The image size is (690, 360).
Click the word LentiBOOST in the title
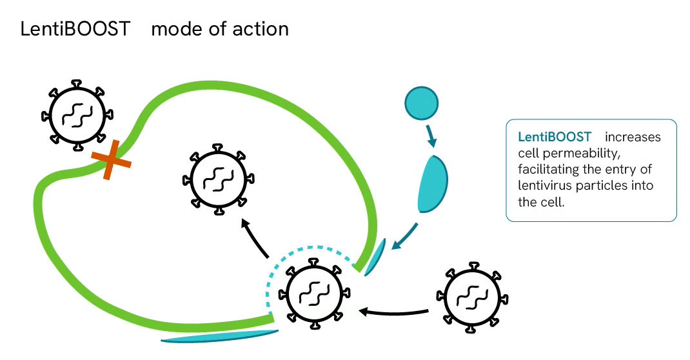(75, 29)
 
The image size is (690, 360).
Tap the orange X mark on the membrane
(111, 159)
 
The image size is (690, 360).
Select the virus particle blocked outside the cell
(77, 115)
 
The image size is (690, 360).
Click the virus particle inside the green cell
(218, 179)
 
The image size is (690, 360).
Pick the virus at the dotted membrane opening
(314, 294)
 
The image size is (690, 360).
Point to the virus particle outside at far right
(472, 297)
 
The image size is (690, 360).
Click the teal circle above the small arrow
(422, 103)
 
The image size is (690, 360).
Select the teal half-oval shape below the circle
(432, 184)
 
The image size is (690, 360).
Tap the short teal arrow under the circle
(431, 135)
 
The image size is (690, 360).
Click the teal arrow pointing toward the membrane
(405, 237)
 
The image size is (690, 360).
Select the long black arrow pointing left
(394, 312)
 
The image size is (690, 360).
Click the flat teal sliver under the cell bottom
(220, 336)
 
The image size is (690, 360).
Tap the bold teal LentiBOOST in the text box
(555, 137)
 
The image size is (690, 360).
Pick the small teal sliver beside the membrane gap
(375, 257)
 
